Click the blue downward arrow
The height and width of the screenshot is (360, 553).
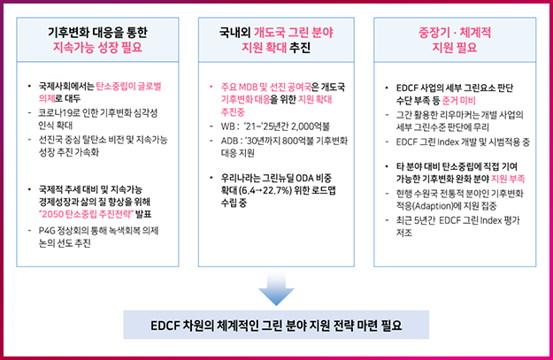coord(276,288)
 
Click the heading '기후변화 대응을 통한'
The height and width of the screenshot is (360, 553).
coord(97,33)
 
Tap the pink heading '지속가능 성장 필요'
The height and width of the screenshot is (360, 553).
coord(97,47)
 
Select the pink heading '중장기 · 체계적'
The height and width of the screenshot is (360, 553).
coord(455,33)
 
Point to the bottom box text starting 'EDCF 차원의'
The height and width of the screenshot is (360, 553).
coord(276,326)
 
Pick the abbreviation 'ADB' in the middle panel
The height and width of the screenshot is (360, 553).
coord(228,141)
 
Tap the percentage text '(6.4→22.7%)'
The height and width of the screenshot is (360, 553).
coord(265,191)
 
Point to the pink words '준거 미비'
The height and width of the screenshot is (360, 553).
coord(459,101)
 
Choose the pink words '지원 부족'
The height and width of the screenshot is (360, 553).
coord(508,180)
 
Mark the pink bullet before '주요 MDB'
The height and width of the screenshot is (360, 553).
coord(211,87)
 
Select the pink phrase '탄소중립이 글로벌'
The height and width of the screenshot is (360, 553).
coord(128,87)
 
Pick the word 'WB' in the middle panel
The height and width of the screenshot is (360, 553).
coord(227,127)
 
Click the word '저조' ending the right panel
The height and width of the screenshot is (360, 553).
coord(403,233)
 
